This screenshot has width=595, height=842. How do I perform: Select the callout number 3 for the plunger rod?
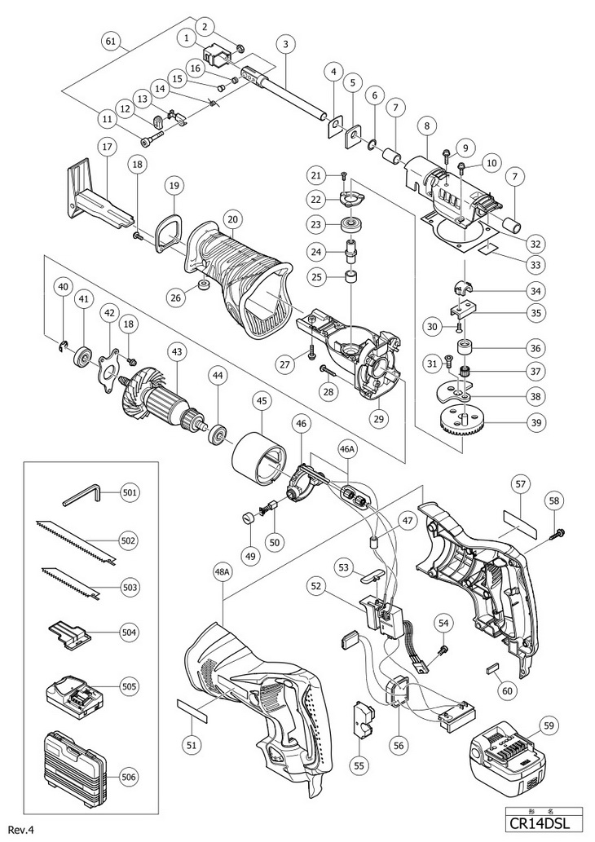point(286,44)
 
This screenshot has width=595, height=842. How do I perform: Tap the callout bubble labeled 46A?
point(348,448)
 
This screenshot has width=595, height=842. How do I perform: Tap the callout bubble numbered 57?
point(520,484)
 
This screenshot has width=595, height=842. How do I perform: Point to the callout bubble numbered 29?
point(380,418)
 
